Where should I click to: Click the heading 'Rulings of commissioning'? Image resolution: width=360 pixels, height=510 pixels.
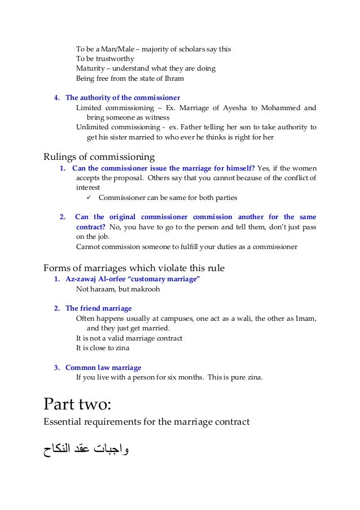[x=99, y=156]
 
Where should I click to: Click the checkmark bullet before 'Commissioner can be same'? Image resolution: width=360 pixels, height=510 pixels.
[x=89, y=198]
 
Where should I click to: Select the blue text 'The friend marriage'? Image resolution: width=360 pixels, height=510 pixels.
[x=98, y=308]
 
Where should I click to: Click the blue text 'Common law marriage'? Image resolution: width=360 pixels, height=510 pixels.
[x=103, y=368]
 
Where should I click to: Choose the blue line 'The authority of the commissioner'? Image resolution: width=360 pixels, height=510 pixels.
[x=122, y=97]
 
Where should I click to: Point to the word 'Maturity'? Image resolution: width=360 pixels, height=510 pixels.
[x=90, y=68]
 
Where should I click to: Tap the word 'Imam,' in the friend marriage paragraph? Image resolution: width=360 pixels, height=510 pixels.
[x=306, y=319]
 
